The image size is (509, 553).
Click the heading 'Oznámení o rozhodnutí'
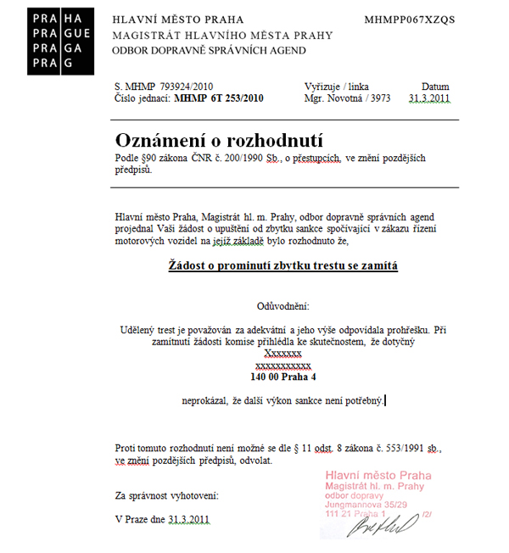point(219,140)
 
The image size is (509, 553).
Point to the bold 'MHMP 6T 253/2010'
point(219,98)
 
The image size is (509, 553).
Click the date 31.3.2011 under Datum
point(428,98)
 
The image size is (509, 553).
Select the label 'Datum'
point(435,87)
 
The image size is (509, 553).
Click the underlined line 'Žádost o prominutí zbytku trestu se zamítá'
point(282,265)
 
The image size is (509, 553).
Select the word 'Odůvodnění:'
point(283,304)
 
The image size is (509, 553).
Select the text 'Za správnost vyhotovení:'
point(167,494)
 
